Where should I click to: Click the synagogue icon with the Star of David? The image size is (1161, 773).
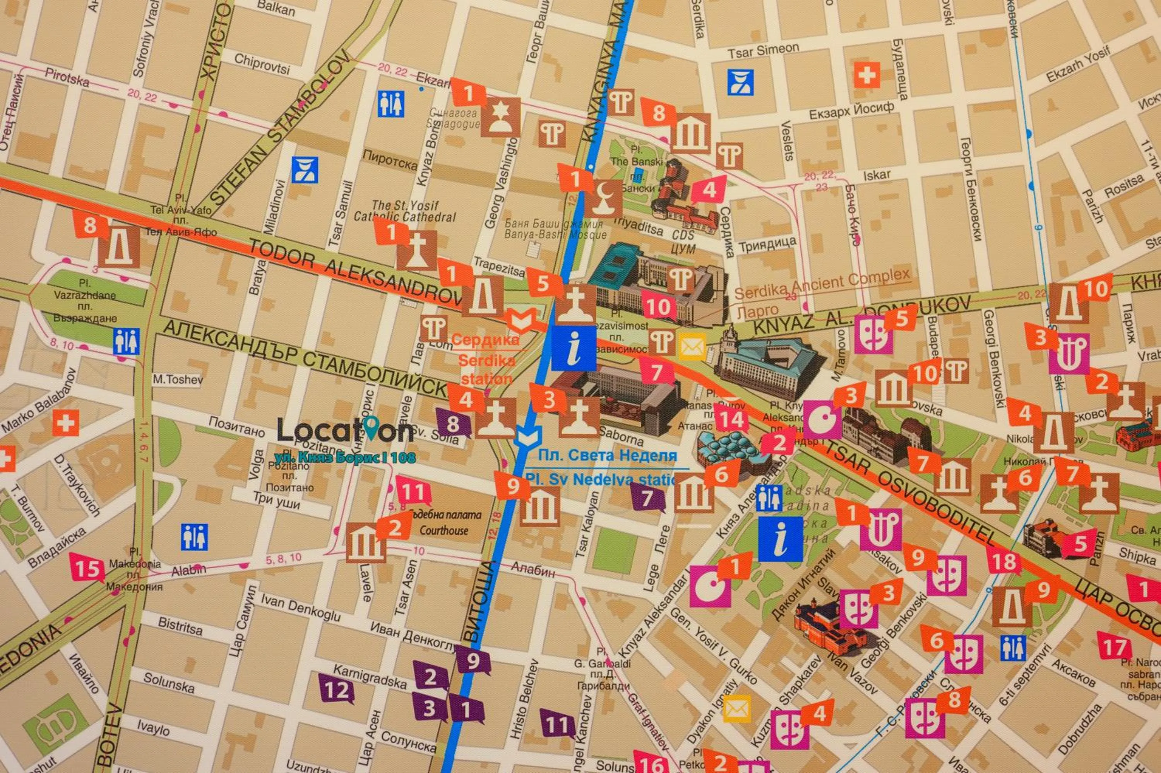tap(500, 117)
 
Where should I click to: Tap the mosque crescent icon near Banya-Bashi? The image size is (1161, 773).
tap(603, 198)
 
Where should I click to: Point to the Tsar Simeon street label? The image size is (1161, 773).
tap(763, 50)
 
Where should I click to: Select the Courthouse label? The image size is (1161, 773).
tap(444, 530)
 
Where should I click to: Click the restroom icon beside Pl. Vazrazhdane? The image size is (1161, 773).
tap(126, 342)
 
